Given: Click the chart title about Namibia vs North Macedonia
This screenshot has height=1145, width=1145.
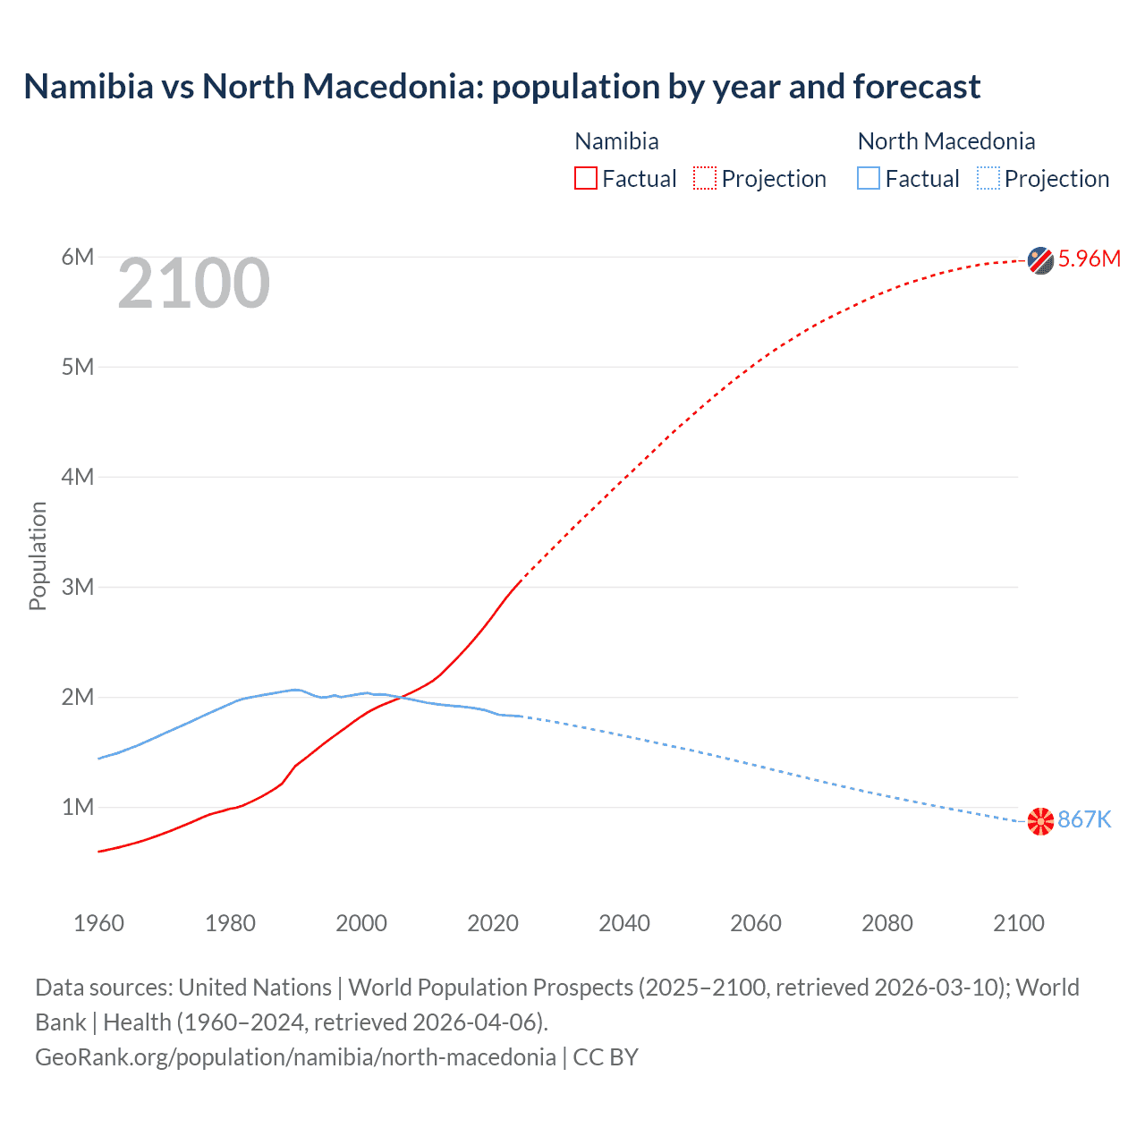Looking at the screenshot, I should (x=502, y=87).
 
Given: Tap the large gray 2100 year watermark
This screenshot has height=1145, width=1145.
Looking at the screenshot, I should (x=193, y=284).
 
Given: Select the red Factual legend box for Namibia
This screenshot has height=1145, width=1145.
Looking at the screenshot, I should (x=585, y=179).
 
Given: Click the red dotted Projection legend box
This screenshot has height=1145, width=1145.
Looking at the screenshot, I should (x=705, y=179).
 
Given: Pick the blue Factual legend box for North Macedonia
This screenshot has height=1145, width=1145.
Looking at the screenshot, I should (x=868, y=179).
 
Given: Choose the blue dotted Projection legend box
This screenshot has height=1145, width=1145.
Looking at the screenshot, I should (x=988, y=179).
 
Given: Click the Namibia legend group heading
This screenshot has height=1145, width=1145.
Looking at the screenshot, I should (x=616, y=141).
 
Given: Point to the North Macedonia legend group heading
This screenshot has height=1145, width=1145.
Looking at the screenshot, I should (x=946, y=141).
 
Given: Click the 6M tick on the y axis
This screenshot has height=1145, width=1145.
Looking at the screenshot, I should (x=78, y=258).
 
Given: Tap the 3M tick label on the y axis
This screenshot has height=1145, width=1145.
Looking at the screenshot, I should (x=78, y=587).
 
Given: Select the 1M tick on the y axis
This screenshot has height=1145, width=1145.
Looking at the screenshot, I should (x=78, y=807).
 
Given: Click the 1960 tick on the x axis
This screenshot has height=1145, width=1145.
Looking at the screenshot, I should (x=98, y=923).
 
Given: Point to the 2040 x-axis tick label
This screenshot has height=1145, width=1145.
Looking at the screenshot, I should (x=624, y=923).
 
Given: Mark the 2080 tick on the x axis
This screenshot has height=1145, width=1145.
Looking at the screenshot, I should (x=887, y=923).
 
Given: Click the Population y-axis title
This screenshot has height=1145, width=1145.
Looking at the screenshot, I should (x=38, y=556).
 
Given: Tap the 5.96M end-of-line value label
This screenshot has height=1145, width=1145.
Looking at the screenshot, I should (x=1089, y=259).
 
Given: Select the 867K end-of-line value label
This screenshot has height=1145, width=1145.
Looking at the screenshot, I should (x=1084, y=819).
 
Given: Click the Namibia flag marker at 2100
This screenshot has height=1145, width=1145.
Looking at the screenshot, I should (x=1040, y=260).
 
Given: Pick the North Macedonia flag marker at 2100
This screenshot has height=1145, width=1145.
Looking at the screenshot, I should (x=1040, y=820).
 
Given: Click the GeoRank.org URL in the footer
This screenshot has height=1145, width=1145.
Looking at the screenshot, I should (x=295, y=1057).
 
